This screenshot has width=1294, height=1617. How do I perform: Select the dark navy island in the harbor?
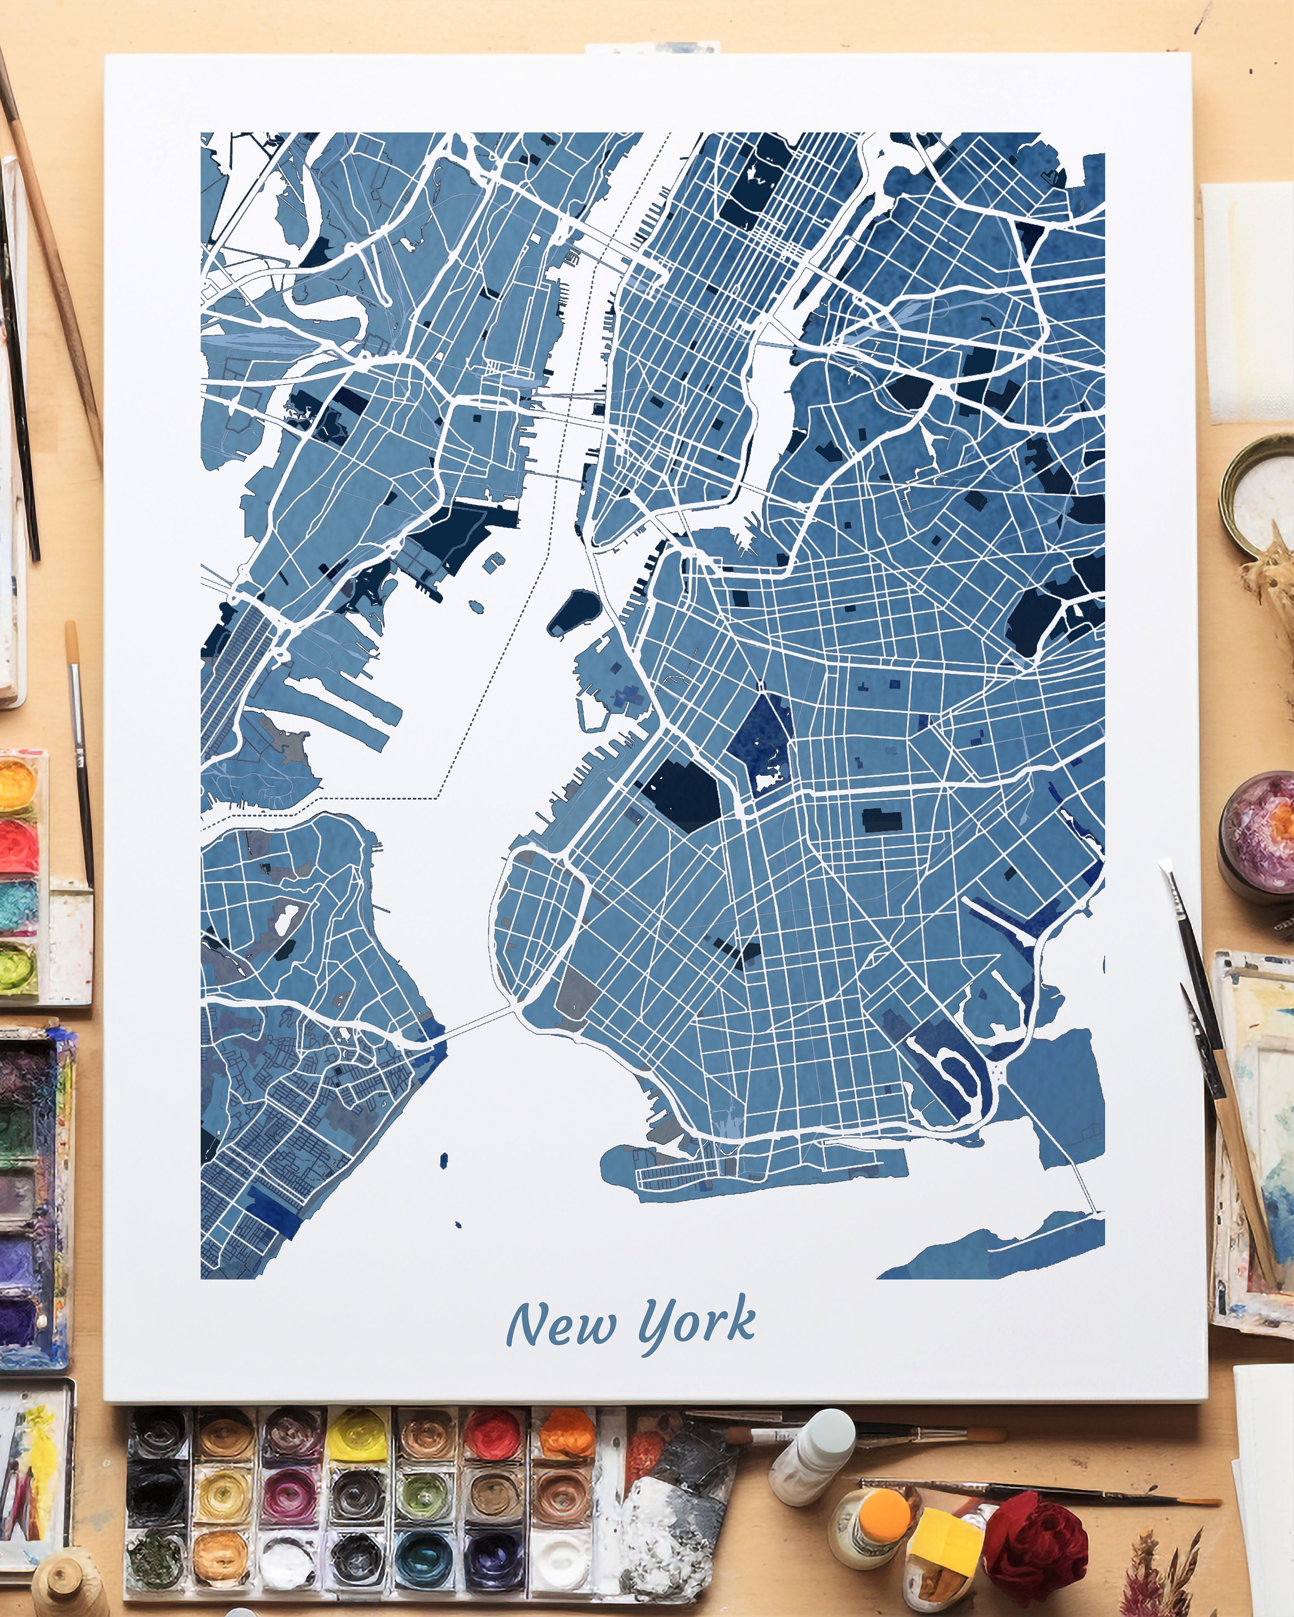click(572, 611)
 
